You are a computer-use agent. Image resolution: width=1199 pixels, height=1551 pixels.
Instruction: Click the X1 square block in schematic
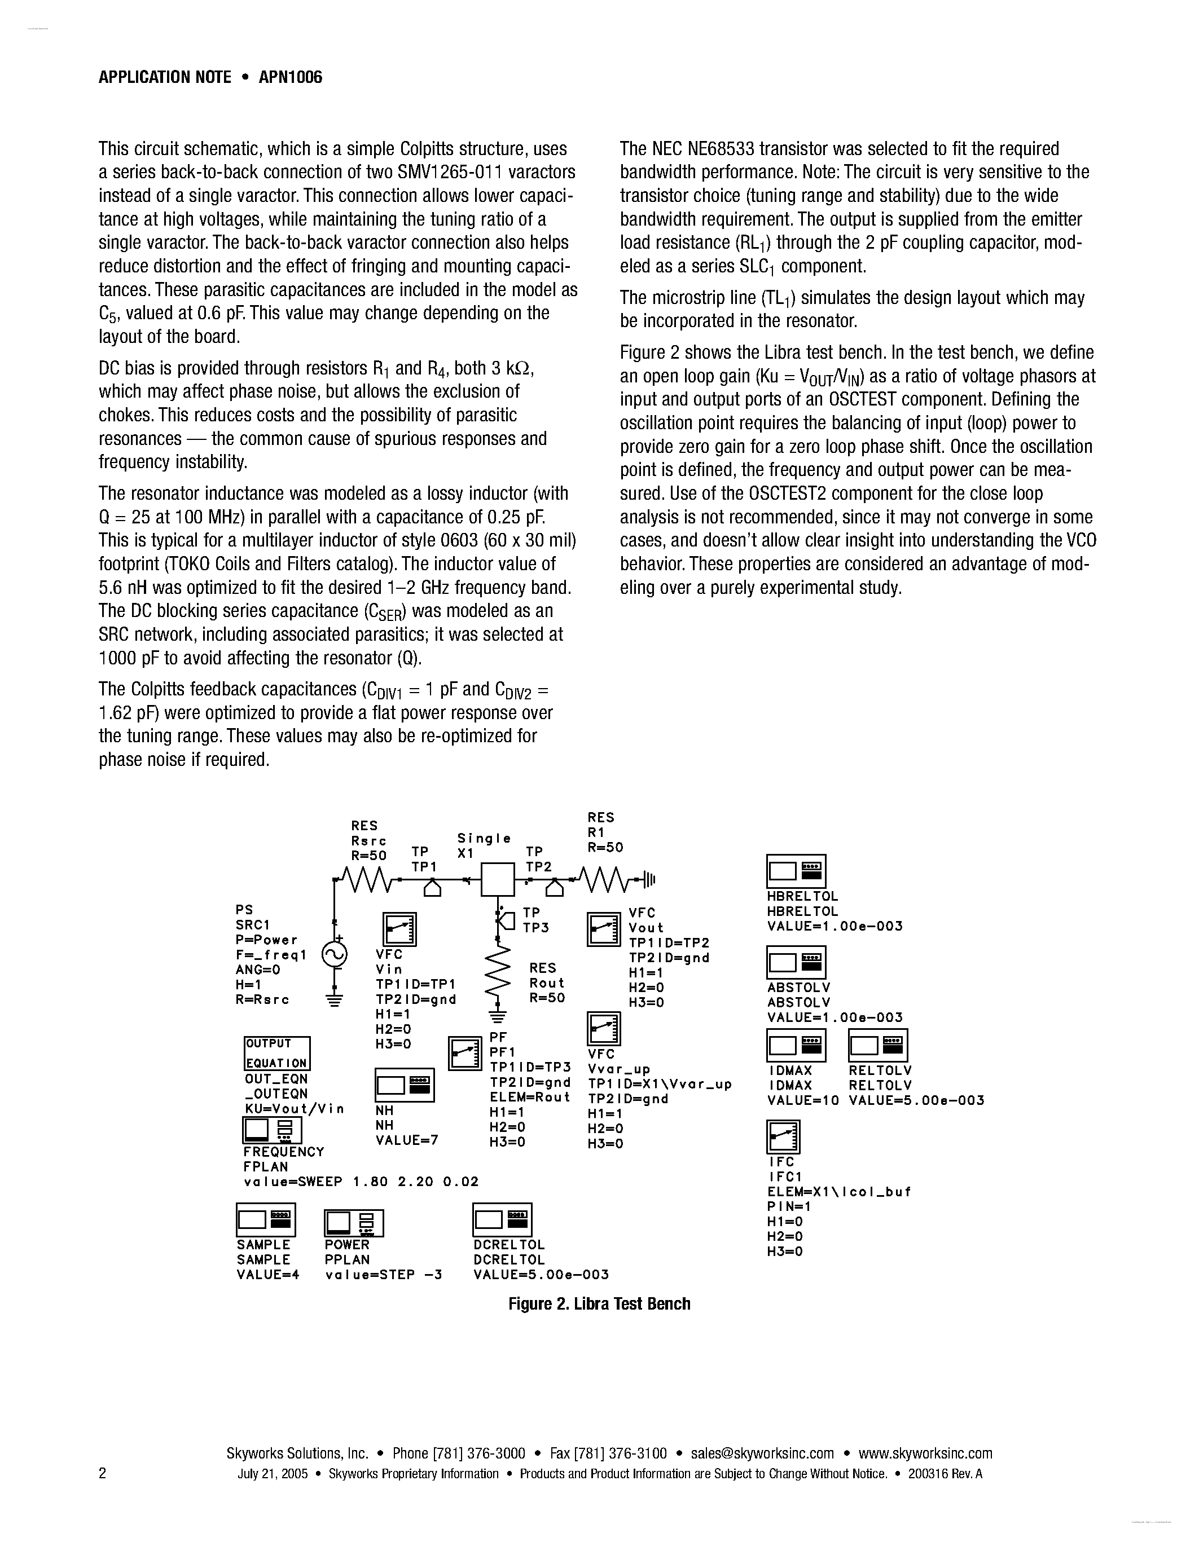pyautogui.click(x=497, y=880)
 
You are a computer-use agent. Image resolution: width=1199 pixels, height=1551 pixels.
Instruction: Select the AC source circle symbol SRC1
pyautogui.click(x=334, y=954)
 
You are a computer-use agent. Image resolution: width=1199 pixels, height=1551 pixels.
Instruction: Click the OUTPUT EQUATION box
pyautogui.click(x=277, y=1053)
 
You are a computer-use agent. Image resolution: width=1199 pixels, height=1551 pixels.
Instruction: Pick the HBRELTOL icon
pyautogui.click(x=796, y=871)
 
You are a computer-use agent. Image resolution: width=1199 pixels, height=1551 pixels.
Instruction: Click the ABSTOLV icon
pyautogui.click(x=796, y=962)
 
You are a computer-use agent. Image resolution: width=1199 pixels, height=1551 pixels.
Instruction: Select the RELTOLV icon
pyautogui.click(x=878, y=1045)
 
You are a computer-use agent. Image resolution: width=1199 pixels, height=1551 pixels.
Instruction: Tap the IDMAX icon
pyautogui.click(x=796, y=1045)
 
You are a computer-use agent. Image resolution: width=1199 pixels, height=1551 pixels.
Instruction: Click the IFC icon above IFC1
pyautogui.click(x=784, y=1137)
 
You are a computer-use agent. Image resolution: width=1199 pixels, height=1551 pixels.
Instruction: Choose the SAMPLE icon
pyautogui.click(x=266, y=1220)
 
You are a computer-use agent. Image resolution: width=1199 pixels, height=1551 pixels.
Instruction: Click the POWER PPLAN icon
pyautogui.click(x=354, y=1223)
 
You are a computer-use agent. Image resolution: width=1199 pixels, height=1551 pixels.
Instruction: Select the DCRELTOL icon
pyautogui.click(x=502, y=1220)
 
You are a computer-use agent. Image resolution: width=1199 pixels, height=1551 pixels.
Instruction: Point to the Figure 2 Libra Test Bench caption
pyautogui.click(x=599, y=1304)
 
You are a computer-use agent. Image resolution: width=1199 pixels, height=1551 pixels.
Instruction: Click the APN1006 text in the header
pyautogui.click(x=290, y=77)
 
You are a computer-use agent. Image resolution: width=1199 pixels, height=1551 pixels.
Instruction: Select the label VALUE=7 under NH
pyautogui.click(x=406, y=1140)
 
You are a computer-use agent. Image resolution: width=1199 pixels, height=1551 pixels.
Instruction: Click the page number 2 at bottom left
pyautogui.click(x=102, y=1473)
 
